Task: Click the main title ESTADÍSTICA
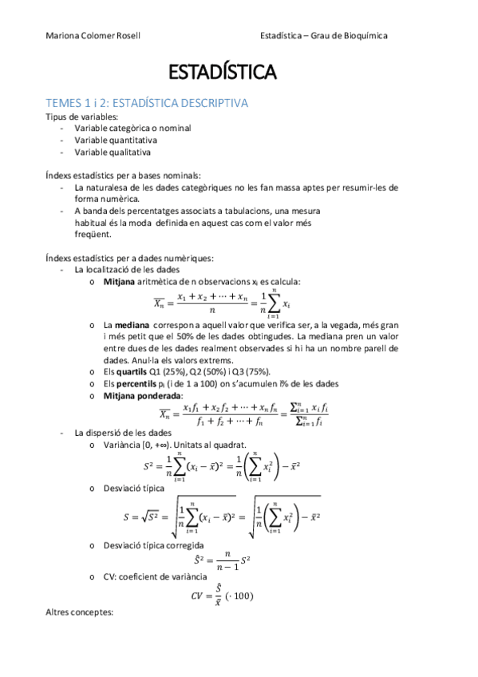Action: (x=223, y=73)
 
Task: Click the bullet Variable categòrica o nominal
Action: (x=132, y=128)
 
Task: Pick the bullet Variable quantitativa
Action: (x=116, y=140)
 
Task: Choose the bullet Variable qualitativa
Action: (x=113, y=152)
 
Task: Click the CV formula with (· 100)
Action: (x=222, y=595)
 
